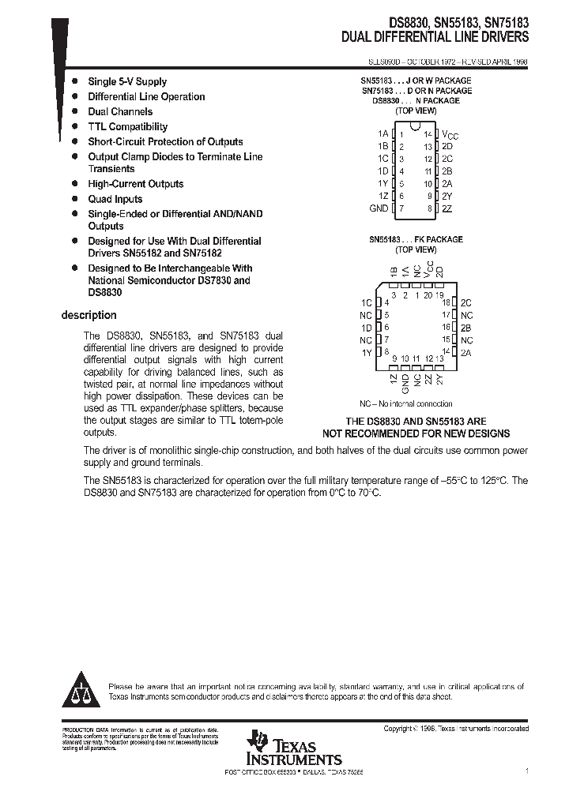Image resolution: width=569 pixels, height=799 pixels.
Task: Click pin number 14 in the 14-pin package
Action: pos(428,134)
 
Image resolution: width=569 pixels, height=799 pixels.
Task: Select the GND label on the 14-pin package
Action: pos(379,208)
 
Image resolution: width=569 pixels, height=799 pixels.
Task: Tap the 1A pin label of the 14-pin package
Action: pos(382,134)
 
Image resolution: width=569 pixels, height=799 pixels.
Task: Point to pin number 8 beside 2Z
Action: pos(429,208)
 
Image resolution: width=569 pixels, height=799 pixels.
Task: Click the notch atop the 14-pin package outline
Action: pos(415,126)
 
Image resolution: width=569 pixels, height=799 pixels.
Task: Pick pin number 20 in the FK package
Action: pos(428,294)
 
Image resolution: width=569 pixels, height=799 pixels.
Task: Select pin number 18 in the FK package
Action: pos(446,302)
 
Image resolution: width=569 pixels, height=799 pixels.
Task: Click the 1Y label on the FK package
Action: pos(367,352)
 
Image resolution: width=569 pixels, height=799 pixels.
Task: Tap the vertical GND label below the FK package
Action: pos(405,383)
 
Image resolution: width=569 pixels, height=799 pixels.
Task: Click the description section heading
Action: pos(89,315)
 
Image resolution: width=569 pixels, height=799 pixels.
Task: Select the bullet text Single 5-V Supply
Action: pos(127,81)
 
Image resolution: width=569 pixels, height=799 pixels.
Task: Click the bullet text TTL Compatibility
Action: pos(127,126)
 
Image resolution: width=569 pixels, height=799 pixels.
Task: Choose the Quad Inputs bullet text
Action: pos(115,199)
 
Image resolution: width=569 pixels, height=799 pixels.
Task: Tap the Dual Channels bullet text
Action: pos(120,111)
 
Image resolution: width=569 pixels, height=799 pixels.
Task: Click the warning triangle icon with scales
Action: pos(81,692)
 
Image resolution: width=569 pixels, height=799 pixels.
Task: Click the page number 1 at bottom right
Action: pos(526,769)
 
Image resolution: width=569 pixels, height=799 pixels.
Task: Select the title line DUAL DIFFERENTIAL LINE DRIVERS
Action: pos(435,37)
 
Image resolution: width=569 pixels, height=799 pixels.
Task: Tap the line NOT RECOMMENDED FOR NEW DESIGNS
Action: pos(416,433)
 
